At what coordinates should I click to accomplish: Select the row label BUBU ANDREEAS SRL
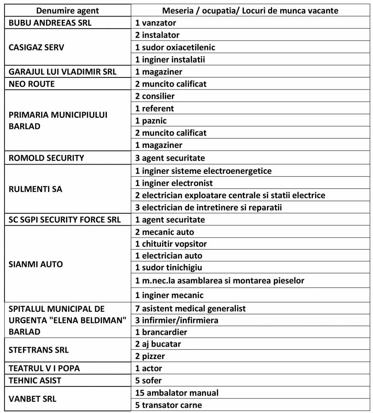[50, 23]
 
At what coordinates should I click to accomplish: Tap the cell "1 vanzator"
[156, 23]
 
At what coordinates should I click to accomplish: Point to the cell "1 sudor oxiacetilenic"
[175, 47]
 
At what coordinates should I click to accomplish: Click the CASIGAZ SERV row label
[36, 47]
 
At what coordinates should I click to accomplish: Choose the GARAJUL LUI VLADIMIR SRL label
[63, 72]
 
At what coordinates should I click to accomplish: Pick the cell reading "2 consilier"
[155, 96]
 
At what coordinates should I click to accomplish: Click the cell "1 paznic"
[151, 121]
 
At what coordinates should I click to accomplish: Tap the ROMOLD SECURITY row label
[46, 158]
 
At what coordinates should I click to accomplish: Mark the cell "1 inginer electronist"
[174, 183]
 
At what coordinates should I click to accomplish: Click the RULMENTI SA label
[35, 189]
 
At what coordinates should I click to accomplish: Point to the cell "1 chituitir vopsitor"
[171, 244]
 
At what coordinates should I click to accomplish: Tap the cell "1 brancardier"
[161, 332]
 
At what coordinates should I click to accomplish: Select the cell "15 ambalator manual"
[177, 392]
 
